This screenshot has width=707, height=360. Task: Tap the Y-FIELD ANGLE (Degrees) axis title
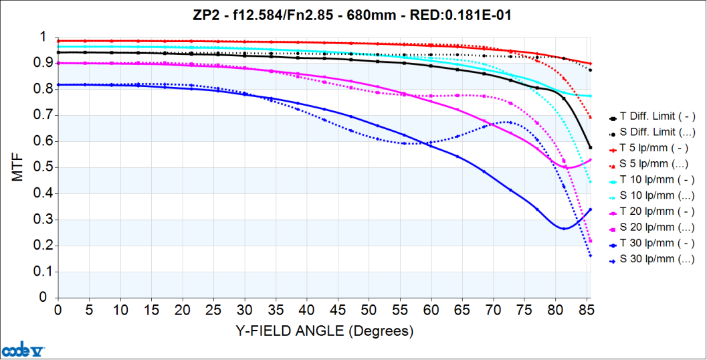click(324, 331)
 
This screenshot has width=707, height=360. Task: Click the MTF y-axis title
click(18, 167)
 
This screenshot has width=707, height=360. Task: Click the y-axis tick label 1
click(44, 37)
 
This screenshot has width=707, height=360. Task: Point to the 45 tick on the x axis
click(338, 311)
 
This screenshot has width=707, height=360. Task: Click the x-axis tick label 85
click(587, 311)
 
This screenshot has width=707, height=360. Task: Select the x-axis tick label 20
click(183, 311)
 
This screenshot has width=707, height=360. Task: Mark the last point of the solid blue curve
click(590, 209)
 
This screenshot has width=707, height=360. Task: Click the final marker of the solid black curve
click(590, 147)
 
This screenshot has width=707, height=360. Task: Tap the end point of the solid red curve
click(590, 64)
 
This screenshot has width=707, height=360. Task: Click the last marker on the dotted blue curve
click(590, 256)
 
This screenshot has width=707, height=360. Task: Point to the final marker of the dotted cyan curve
click(590, 182)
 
